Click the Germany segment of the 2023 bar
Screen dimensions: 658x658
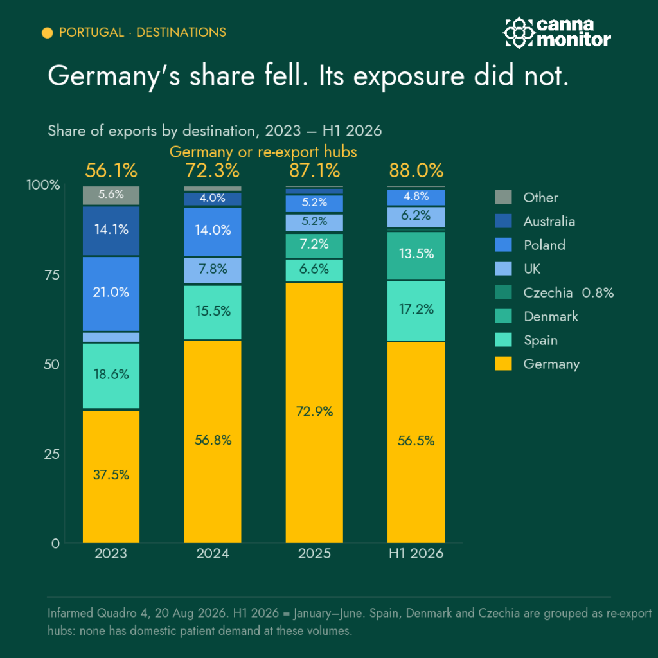coord(111,476)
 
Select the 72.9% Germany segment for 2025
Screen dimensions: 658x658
coord(314,413)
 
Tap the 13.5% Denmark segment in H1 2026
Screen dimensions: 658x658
coord(416,255)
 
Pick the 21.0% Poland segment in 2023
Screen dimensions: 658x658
coord(111,294)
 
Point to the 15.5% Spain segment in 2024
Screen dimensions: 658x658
coord(212,312)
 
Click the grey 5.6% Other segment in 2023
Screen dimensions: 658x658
coord(111,195)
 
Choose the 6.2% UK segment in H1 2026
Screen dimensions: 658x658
coord(416,217)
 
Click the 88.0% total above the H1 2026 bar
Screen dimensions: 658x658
coord(416,170)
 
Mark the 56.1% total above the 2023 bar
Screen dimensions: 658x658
coord(111,170)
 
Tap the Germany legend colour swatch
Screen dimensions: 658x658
coord(503,364)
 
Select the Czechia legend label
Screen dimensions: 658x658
coord(547,292)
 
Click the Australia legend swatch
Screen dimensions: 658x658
coord(503,221)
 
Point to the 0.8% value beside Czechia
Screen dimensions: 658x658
coord(598,292)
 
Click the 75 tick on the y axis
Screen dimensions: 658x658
coord(52,275)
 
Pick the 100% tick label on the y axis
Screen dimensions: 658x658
coord(43,184)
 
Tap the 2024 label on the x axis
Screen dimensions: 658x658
coord(212,553)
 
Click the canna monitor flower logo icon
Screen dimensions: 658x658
coord(519,33)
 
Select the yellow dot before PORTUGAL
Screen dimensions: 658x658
coord(48,33)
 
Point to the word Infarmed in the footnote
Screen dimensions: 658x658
coord(71,613)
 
